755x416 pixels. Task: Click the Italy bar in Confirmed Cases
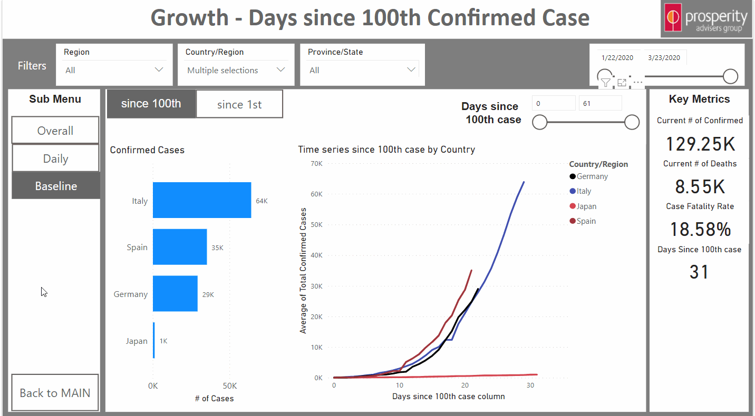tap(201, 200)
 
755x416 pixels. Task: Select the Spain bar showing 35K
tap(179, 247)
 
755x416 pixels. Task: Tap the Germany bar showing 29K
tap(175, 294)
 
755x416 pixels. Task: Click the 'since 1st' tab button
tap(239, 104)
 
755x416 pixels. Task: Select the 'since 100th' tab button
tap(151, 104)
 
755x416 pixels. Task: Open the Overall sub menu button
tap(55, 131)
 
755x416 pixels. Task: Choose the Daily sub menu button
tap(55, 159)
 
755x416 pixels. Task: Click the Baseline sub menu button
tap(55, 186)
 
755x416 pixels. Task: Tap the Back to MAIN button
tap(55, 393)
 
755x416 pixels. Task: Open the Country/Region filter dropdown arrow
tap(280, 70)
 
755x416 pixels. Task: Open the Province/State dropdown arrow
tap(411, 70)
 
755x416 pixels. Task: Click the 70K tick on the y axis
tap(316, 164)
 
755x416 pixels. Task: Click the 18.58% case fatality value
tap(700, 230)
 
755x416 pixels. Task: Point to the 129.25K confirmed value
tap(700, 144)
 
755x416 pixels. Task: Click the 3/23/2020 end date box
tap(664, 58)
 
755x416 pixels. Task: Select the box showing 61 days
tap(600, 104)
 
